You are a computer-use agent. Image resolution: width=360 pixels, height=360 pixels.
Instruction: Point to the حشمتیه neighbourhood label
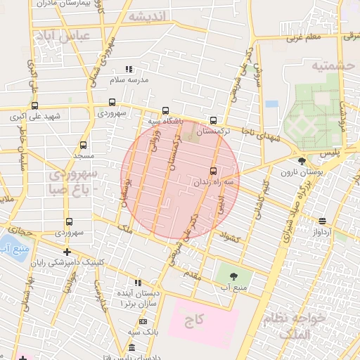coord(330,65)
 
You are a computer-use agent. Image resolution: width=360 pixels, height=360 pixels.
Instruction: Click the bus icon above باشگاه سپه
coord(165,110)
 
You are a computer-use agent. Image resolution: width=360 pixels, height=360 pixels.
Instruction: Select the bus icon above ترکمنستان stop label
coord(213,120)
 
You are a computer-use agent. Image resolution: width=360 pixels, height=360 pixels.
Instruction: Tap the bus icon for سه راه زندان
coord(213,171)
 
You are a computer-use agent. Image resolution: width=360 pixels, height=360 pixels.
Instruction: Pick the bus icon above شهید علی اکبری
coord(34,103)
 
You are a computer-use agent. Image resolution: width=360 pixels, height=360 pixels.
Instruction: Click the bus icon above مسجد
coord(83,145)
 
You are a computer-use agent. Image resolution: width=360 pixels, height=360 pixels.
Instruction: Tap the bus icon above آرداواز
coord(322,221)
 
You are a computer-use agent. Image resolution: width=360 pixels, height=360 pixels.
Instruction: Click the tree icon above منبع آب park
coord(233,276)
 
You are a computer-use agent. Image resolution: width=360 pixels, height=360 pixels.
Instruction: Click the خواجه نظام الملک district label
coord(294,326)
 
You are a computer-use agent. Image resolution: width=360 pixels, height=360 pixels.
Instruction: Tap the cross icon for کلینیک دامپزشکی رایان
coord(67,252)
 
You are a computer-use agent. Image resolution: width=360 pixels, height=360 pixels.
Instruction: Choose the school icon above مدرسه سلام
coord(128,69)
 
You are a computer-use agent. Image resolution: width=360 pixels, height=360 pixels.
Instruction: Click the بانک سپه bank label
coord(141,332)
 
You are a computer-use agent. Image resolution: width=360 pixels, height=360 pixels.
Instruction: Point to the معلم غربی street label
coord(304,37)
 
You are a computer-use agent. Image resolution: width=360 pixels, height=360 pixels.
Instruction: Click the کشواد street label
coord(231,238)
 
